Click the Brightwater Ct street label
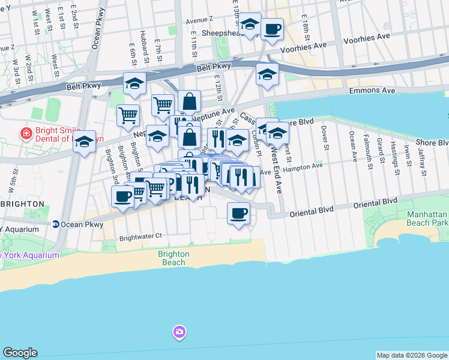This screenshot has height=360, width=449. click(x=141, y=236)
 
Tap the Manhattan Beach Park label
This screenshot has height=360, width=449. click(x=428, y=219)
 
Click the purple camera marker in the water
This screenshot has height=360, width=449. click(x=179, y=331)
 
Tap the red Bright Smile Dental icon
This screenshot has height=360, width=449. click(x=26, y=133)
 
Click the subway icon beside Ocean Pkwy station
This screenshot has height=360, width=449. click(x=55, y=224)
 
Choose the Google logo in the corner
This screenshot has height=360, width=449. click(x=20, y=353)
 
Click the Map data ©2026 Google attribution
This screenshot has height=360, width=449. click(x=412, y=355)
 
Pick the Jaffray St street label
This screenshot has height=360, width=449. click(x=423, y=163)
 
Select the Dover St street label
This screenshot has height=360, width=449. click(x=326, y=138)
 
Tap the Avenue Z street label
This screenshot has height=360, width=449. click(x=6, y=47)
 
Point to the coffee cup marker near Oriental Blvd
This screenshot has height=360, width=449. click(x=238, y=213)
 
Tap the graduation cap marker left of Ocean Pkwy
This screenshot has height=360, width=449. click(x=85, y=143)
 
